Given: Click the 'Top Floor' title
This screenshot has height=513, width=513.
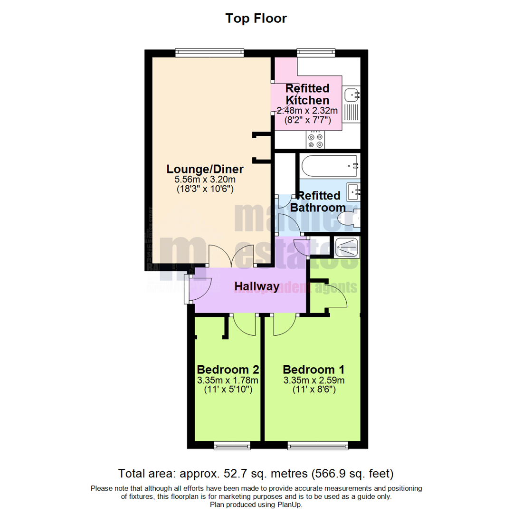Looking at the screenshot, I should click(x=256, y=19).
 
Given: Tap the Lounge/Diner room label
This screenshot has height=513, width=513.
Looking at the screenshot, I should click(x=205, y=169).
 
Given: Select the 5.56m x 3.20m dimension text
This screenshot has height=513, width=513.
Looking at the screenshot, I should click(x=205, y=180).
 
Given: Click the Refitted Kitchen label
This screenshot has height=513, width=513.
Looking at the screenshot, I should click(x=307, y=95).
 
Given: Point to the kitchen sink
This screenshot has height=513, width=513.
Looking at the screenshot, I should click(x=351, y=95).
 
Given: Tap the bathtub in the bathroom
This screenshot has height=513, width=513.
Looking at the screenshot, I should click(x=329, y=166).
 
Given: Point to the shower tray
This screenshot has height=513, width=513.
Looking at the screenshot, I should click(x=348, y=246).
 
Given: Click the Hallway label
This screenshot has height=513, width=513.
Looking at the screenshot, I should click(x=256, y=286).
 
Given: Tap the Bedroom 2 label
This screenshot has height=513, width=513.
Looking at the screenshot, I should click(x=228, y=370).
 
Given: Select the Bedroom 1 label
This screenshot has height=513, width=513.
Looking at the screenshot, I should click(x=313, y=370).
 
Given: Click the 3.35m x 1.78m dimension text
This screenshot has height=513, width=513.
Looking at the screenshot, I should click(x=228, y=380).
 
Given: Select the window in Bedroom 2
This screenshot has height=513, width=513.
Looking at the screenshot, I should click(x=232, y=445).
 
